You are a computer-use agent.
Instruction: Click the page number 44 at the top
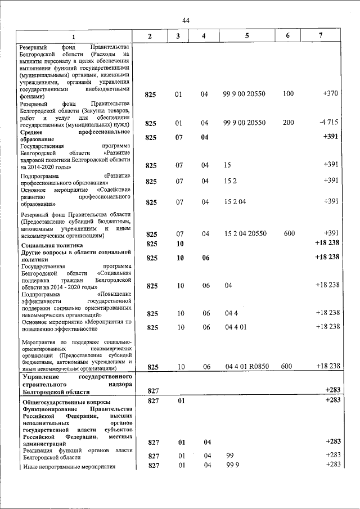[x=186, y=21]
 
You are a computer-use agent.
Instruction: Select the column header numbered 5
[x=246, y=36]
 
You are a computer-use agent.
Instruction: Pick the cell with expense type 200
[x=288, y=123]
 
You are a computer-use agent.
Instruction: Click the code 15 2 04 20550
[x=245, y=233]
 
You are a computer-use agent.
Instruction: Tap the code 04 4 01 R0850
[x=246, y=367]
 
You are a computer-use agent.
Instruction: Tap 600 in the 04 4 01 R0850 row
[x=286, y=367]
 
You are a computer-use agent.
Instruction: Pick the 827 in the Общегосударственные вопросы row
[x=154, y=401]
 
